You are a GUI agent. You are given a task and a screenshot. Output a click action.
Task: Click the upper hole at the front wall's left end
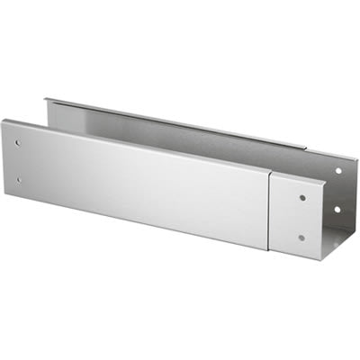point(18,143)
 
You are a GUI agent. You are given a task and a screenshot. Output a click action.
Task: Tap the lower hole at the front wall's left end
point(18,180)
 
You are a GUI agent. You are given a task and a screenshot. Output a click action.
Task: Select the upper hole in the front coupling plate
point(302,197)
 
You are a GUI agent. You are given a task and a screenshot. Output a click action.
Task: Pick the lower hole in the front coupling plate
point(301,238)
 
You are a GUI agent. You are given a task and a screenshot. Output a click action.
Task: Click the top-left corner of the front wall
point(3,120)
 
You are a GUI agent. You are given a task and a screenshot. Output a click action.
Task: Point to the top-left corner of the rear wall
point(47,99)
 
